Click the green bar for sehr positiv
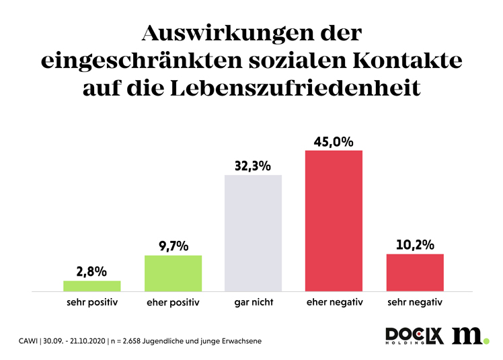click(92, 286)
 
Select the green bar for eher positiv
click(173, 273)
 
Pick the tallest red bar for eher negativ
click(334, 221)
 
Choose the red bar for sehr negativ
click(415, 273)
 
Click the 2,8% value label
click(92, 271)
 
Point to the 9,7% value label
click(173, 246)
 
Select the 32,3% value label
click(254, 166)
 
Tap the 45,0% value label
click(334, 141)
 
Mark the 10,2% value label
click(415, 245)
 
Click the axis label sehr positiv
click(92, 302)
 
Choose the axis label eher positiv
click(173, 302)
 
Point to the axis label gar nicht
click(254, 302)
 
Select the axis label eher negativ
click(334, 302)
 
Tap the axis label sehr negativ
click(415, 302)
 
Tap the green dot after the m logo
click(486, 341)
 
